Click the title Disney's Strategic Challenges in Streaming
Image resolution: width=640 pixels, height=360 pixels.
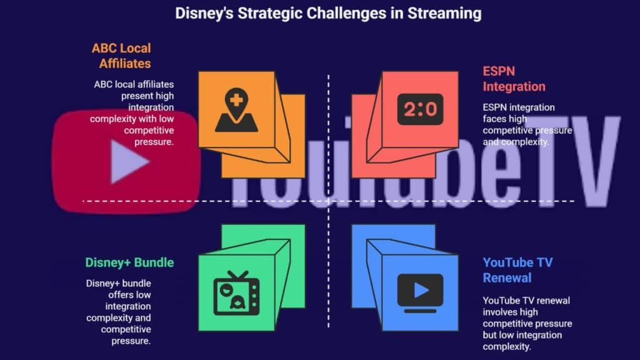tap(328, 13)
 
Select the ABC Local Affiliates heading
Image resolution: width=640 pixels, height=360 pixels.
tap(121, 56)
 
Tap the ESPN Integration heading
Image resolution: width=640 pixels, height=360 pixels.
tap(514, 79)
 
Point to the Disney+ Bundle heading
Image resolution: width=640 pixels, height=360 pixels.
tap(129, 262)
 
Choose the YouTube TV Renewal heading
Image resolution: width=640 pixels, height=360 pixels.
tap(517, 270)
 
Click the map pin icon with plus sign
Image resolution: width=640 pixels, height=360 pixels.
tap(236, 110)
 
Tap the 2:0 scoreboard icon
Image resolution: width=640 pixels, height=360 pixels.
tap(420, 109)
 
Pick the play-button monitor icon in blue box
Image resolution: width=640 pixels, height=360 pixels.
tap(420, 293)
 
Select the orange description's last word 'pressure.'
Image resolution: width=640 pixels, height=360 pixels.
tap(154, 142)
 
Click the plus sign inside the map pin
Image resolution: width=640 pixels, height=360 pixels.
tap(236, 99)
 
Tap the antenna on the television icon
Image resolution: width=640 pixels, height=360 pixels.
tap(238, 275)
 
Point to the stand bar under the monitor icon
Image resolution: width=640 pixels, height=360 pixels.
tap(420, 311)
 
